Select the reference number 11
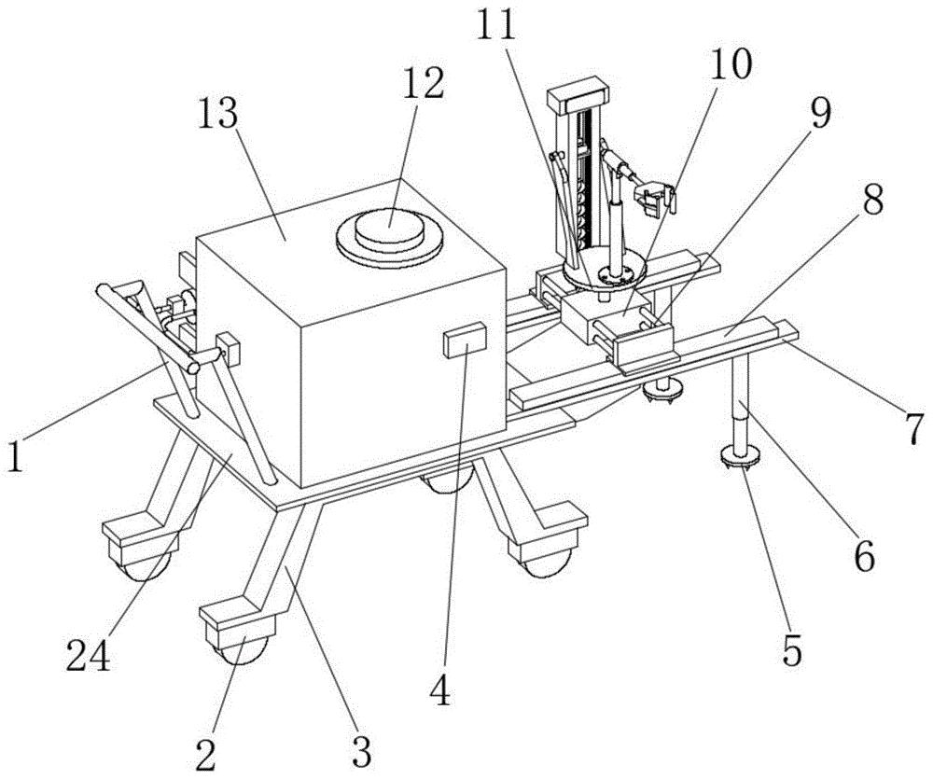click(x=495, y=25)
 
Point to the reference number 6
click(x=861, y=558)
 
